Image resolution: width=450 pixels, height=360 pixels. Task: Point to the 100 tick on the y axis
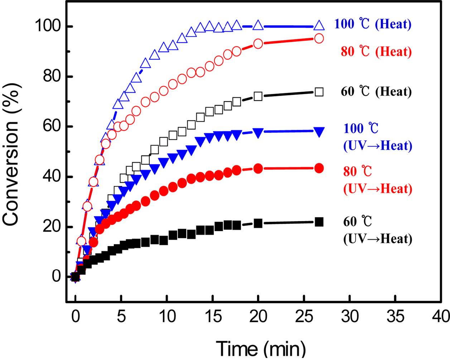tap(47, 27)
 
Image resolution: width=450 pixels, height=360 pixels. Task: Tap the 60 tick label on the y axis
tap(52, 127)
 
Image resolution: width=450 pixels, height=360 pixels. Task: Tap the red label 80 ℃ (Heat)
tap(376, 52)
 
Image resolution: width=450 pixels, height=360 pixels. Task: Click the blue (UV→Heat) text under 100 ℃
tap(378, 146)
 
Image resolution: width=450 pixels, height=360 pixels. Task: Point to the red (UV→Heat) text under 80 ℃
tap(378, 189)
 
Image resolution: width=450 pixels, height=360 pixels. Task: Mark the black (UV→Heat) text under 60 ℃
tap(378, 239)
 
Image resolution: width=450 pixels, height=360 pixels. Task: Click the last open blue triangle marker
tap(319, 26)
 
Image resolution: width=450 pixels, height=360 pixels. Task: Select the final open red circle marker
tap(319, 38)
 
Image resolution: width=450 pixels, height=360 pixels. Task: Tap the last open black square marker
tap(319, 92)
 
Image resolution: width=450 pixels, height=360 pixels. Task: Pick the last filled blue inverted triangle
tap(319, 131)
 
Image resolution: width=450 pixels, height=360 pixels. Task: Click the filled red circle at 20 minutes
tap(258, 168)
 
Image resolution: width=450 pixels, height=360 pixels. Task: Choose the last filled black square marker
tap(319, 222)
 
